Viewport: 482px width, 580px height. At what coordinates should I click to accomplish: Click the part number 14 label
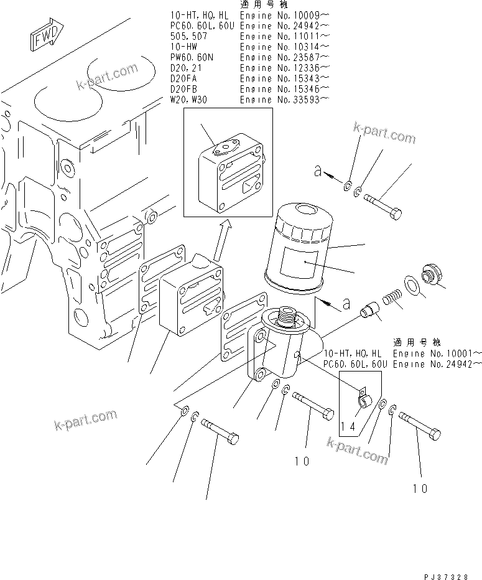[x=349, y=426]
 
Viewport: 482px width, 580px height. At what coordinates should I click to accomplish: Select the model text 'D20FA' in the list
[x=184, y=78]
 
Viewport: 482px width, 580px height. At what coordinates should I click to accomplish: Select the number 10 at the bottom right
[x=420, y=489]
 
